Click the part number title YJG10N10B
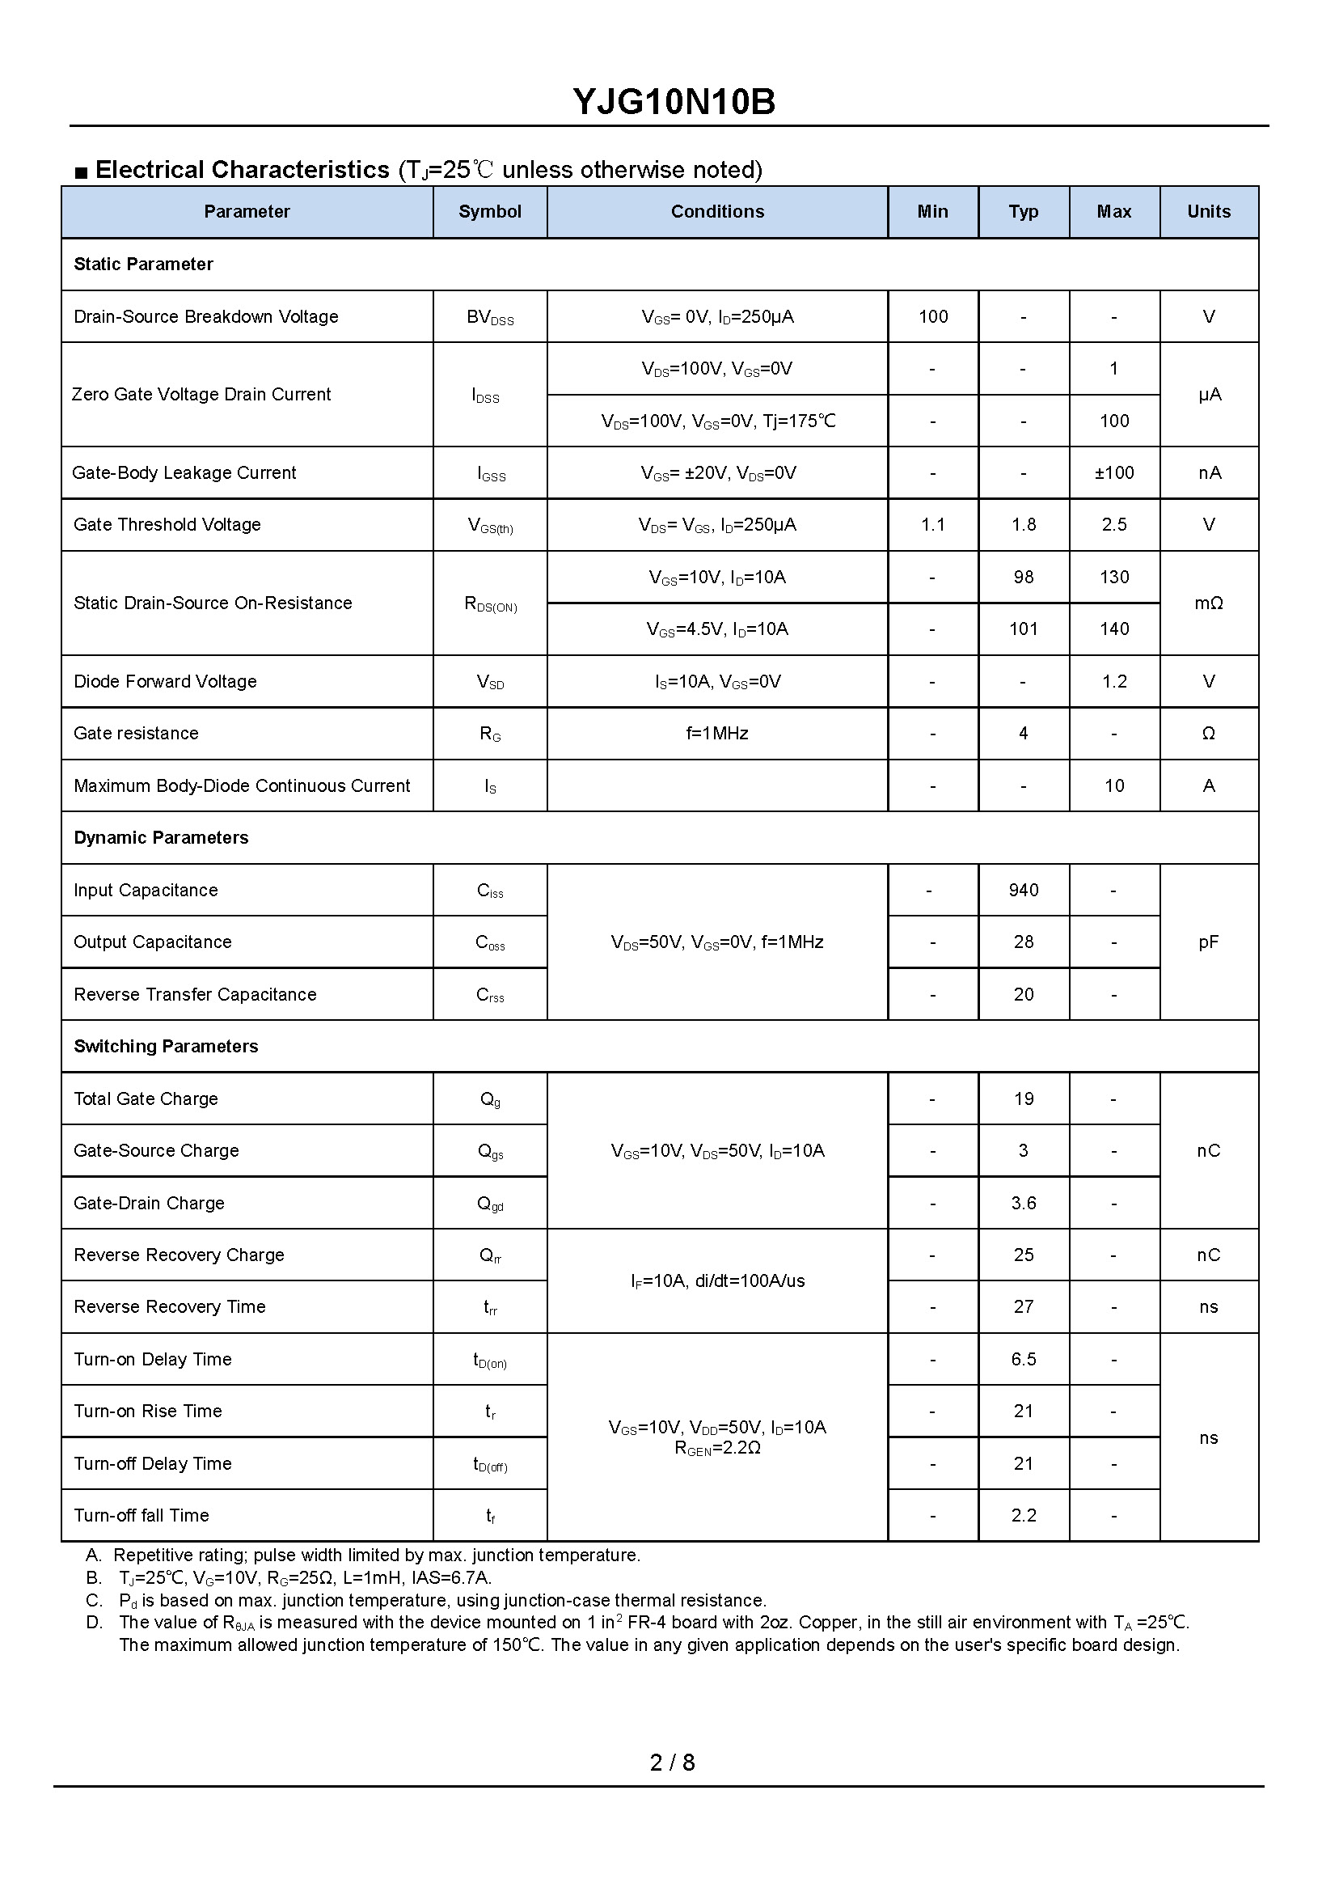674,102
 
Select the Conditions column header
717,212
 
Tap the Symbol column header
490,212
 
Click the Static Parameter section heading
143,264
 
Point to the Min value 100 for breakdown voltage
932,317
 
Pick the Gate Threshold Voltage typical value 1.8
1023,524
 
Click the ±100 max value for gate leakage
1114,472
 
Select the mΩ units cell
1208,603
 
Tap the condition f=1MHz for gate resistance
717,733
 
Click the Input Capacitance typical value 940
1023,890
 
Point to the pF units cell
1208,942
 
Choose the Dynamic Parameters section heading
161,838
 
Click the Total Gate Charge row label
146,1098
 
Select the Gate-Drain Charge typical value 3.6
1023,1204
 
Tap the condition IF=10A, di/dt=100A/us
717,1280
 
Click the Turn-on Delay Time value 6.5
1023,1359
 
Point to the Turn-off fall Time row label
142,1515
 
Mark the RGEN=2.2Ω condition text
717,1447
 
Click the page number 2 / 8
672,1763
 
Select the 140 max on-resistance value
1114,629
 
